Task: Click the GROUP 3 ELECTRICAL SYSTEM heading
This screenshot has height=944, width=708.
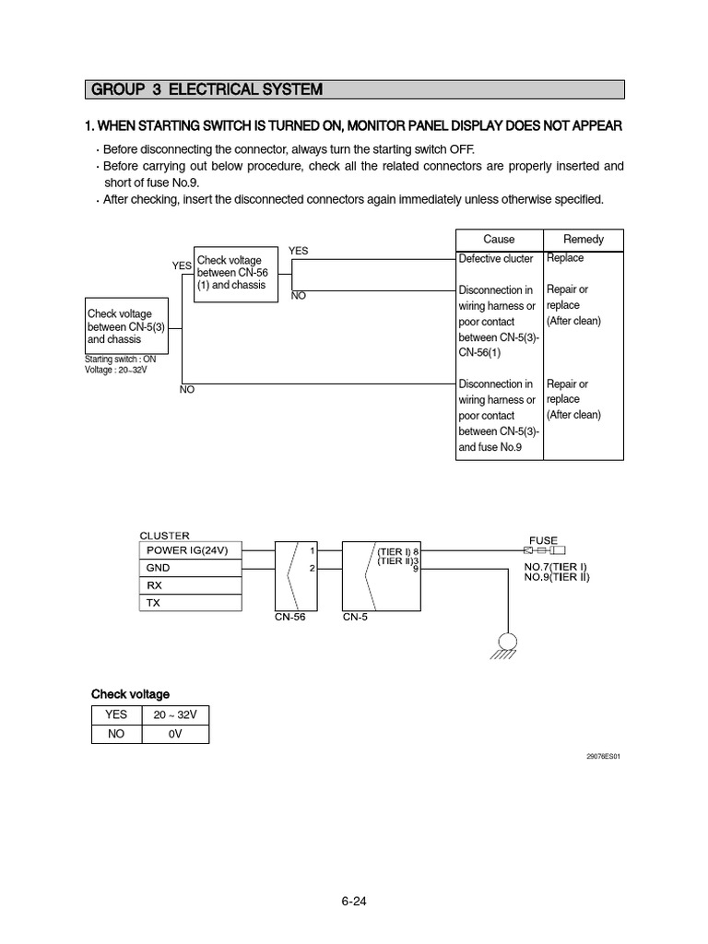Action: (205, 89)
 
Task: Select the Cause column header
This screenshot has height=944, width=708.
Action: (499, 239)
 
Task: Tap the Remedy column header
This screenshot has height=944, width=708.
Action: (583, 239)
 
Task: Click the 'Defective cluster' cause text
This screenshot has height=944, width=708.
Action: (496, 259)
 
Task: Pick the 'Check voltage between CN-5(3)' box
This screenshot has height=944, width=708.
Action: (127, 327)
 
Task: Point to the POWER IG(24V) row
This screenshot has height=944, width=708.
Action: (190, 550)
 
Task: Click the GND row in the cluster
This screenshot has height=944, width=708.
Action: (190, 568)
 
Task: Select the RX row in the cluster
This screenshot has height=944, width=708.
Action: (190, 585)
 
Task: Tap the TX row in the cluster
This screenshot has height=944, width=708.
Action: (190, 603)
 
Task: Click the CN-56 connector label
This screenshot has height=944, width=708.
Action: (289, 618)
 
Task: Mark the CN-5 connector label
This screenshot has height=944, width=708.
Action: (355, 618)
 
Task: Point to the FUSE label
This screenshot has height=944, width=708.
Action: (542, 540)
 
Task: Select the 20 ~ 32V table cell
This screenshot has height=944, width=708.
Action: (175, 714)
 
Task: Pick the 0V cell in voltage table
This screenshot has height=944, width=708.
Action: (175, 734)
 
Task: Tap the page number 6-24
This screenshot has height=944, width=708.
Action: (354, 902)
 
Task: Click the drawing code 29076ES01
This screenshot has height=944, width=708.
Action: (603, 756)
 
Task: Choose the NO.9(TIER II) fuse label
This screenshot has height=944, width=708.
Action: (557, 577)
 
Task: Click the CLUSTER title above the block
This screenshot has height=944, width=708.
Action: (164, 535)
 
